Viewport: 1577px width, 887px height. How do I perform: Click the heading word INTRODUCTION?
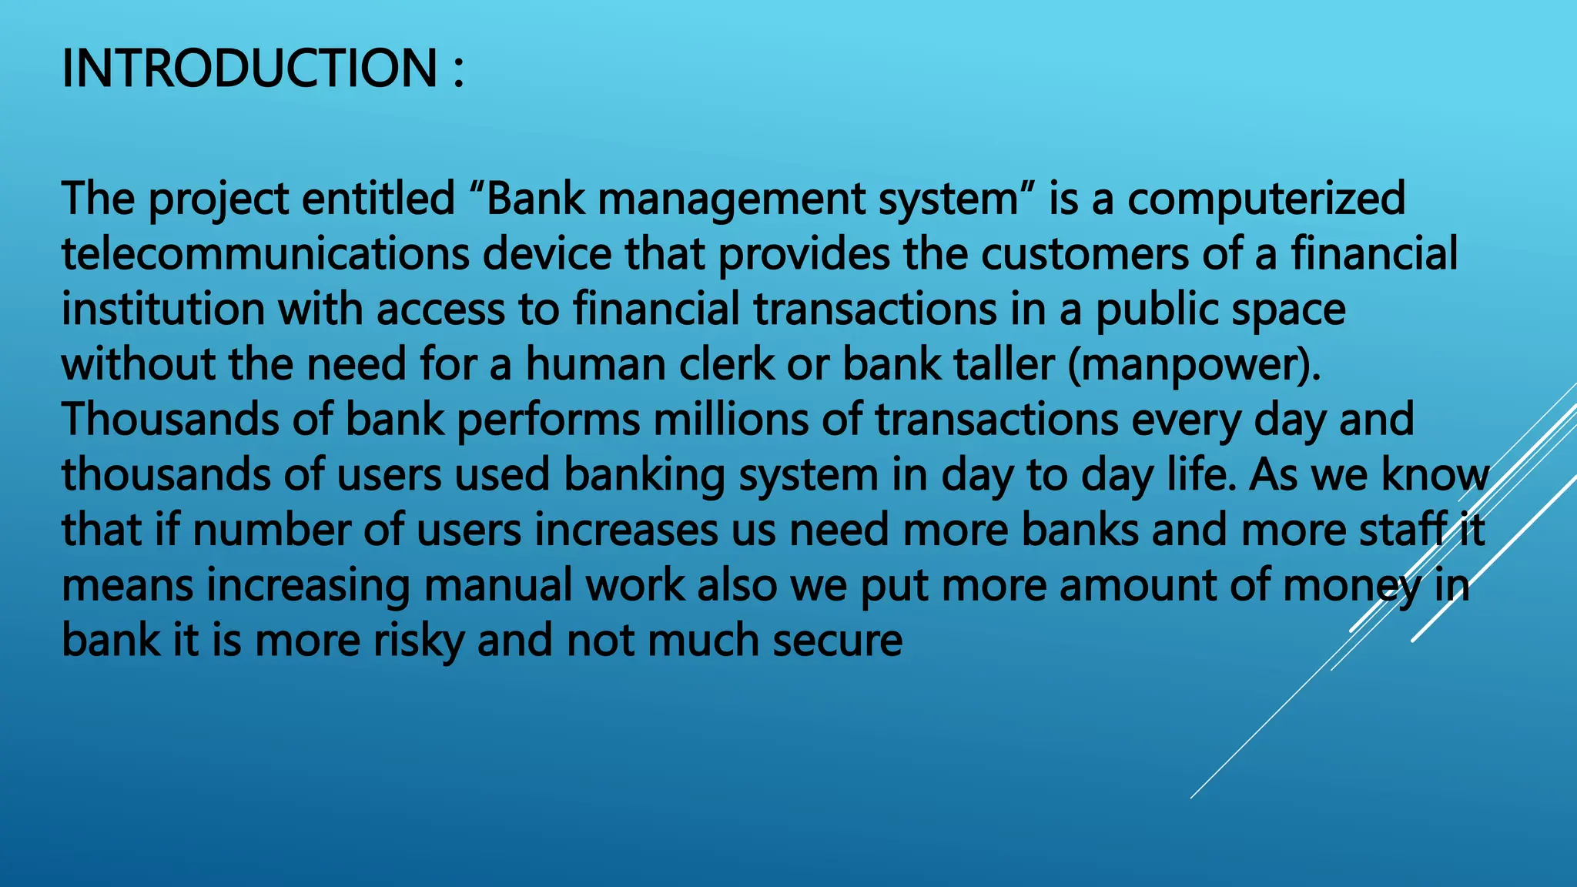click(x=249, y=69)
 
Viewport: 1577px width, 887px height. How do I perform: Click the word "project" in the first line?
click(x=218, y=199)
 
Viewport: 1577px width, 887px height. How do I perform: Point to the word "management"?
click(x=732, y=199)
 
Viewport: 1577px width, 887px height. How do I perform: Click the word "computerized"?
click(x=1267, y=199)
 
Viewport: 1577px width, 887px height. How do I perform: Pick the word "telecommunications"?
click(x=265, y=254)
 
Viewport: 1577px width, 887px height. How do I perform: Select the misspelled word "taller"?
click(x=1004, y=364)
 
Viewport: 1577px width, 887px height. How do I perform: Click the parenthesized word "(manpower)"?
click(x=1194, y=365)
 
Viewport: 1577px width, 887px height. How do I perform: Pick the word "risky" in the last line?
click(x=418, y=641)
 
